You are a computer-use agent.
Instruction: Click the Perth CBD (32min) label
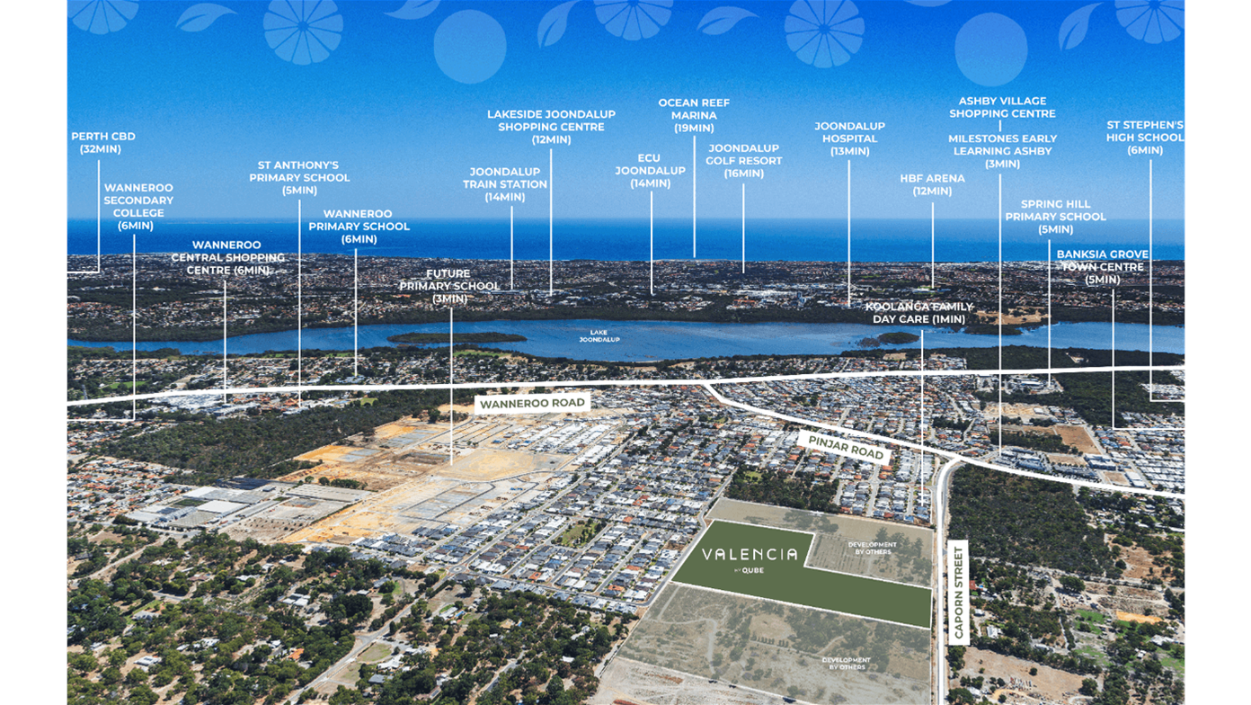[x=102, y=143]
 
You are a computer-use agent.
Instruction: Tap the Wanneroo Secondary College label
[x=138, y=207]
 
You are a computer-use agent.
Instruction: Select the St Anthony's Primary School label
[x=299, y=177]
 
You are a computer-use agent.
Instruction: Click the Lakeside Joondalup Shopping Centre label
[x=551, y=127]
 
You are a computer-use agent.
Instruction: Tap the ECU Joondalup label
[x=650, y=171]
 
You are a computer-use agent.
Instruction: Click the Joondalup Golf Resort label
[x=743, y=160]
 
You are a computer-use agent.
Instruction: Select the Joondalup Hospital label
[x=849, y=138]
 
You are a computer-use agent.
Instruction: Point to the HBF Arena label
[x=932, y=184]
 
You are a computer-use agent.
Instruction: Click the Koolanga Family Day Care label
[x=918, y=313]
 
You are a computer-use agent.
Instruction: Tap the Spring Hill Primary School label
[x=1055, y=217]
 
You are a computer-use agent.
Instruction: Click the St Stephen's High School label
[x=1144, y=138]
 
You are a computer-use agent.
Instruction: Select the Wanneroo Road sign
[x=532, y=404]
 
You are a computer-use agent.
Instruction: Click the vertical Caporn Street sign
[x=957, y=592]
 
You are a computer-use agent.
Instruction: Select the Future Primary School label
[x=449, y=286]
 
